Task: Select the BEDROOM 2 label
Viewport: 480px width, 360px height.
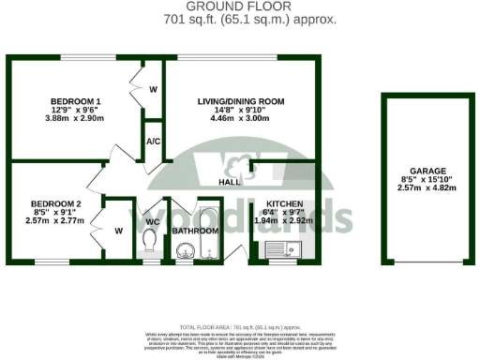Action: (55, 203)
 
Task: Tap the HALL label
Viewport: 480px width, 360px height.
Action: (228, 182)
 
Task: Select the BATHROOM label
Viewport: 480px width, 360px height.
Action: (195, 229)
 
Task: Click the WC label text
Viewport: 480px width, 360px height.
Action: (153, 221)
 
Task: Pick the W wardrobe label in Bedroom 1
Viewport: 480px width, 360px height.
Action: (153, 89)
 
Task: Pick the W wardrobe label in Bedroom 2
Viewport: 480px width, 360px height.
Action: (117, 230)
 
